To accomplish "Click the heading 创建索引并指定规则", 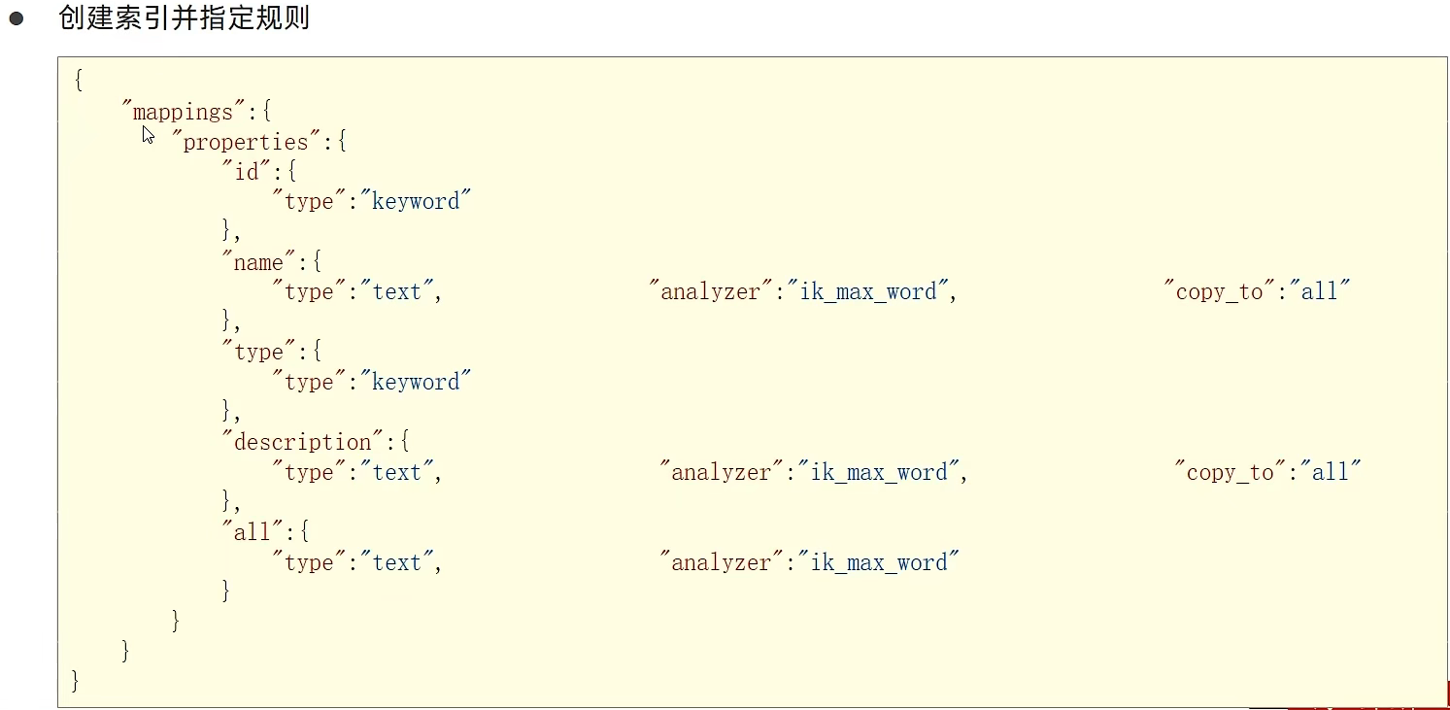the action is tap(184, 18).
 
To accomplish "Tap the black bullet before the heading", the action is tap(17, 18).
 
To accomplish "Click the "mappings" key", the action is tap(184, 113).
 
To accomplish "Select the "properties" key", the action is tap(246, 143).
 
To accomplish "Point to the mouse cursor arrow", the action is tap(147, 134).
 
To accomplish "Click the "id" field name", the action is tap(248, 173).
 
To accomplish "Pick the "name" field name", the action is tap(258, 263).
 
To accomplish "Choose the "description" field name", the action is tap(303, 443).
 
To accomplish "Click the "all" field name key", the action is tap(253, 532).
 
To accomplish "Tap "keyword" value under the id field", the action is tap(417, 202).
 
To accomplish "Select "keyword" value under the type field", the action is tap(417, 383).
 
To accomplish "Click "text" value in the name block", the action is tap(397, 292).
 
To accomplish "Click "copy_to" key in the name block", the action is tap(1219, 292).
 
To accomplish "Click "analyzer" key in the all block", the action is tap(722, 563).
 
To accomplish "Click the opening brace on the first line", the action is tap(78, 82).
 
